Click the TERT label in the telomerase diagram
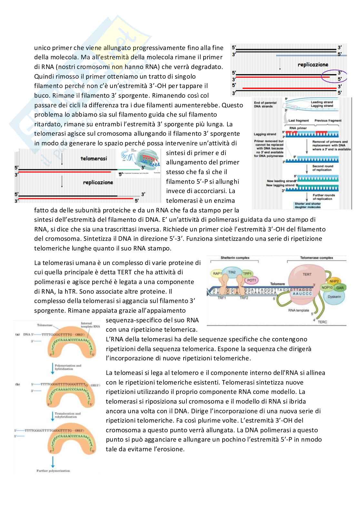[x=307, y=274]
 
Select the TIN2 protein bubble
[x=232, y=272]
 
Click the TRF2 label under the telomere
[x=244, y=298]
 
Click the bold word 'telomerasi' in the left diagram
[x=94, y=159]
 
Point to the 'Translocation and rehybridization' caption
[x=68, y=415]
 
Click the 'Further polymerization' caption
[x=53, y=471]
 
